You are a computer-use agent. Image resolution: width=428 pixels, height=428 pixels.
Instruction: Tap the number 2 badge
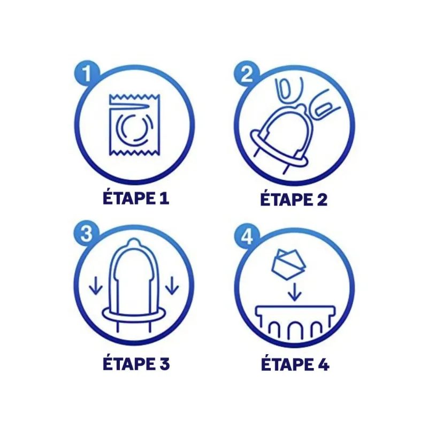246,73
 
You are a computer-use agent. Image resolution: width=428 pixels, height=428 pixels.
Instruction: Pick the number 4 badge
246,234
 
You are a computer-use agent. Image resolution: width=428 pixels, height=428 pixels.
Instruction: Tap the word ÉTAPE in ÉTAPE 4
285,364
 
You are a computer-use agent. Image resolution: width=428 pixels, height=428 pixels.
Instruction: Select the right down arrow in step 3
172,287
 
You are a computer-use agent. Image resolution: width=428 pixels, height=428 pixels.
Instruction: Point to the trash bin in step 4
295,324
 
